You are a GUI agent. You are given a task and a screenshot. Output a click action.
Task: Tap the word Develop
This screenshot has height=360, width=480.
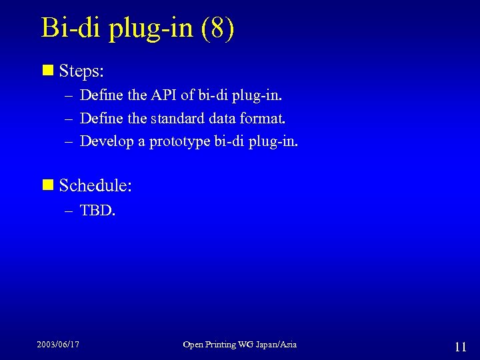pyautogui.click(x=107, y=142)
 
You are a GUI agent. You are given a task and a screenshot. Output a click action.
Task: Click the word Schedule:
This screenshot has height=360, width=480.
pyautogui.click(x=95, y=185)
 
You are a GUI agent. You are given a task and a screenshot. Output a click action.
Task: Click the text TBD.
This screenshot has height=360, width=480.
pyautogui.click(x=97, y=211)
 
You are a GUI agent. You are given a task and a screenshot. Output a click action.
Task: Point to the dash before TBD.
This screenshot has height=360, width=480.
pyautogui.click(x=69, y=211)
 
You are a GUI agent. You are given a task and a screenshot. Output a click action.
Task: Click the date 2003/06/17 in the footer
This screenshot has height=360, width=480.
pyautogui.click(x=58, y=345)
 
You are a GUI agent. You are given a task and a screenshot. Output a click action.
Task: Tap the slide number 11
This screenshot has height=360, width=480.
pyautogui.click(x=460, y=347)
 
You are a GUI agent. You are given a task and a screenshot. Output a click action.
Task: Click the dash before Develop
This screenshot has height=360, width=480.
pyautogui.click(x=69, y=142)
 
